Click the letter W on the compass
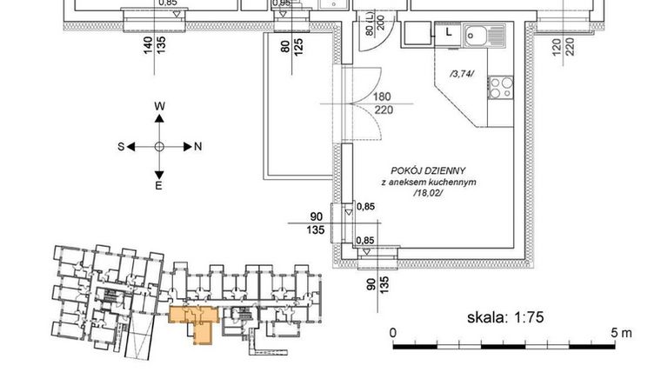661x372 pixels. click(159, 105)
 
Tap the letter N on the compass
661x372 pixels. click(197, 147)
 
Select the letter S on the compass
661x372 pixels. click(121, 147)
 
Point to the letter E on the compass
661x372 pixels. click(159, 186)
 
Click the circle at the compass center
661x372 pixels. click(159, 147)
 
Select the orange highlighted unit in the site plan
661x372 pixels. click(197, 321)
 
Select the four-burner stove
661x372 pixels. click(501, 86)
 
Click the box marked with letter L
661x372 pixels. click(449, 32)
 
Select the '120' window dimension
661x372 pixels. click(556, 41)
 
